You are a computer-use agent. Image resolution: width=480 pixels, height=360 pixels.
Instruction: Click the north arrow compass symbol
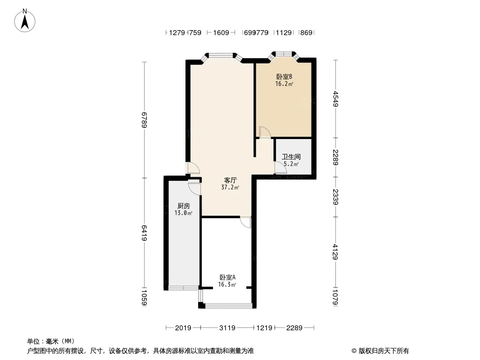pyautogui.click(x=26, y=20)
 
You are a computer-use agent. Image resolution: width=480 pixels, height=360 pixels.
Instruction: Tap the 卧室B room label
pyautogui.click(x=284, y=77)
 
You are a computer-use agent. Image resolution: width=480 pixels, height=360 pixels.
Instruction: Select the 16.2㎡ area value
pyautogui.click(x=284, y=84)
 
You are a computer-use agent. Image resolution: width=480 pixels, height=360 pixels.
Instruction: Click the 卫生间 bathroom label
pyautogui.click(x=291, y=157)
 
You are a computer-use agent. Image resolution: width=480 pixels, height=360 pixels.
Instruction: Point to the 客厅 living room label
pyautogui.click(x=230, y=180)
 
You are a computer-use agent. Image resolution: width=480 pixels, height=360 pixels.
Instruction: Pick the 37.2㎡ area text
pyautogui.click(x=230, y=187)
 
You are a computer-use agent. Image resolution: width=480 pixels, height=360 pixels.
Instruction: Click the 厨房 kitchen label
pyautogui.click(x=183, y=206)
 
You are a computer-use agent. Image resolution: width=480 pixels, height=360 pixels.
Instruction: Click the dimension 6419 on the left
pyautogui.click(x=145, y=233)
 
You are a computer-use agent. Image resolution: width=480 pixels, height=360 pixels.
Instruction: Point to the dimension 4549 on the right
pyautogui.click(x=335, y=99)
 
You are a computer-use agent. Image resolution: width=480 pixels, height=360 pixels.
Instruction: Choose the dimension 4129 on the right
pyautogui.click(x=335, y=252)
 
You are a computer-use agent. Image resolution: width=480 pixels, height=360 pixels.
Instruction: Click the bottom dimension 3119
pyautogui.click(x=227, y=328)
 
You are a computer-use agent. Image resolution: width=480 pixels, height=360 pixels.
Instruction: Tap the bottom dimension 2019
pyautogui.click(x=183, y=328)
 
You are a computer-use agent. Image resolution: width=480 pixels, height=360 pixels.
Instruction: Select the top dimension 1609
pyautogui.click(x=221, y=32)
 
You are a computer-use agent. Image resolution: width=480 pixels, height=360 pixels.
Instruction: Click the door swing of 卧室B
pyautogui.click(x=265, y=132)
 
